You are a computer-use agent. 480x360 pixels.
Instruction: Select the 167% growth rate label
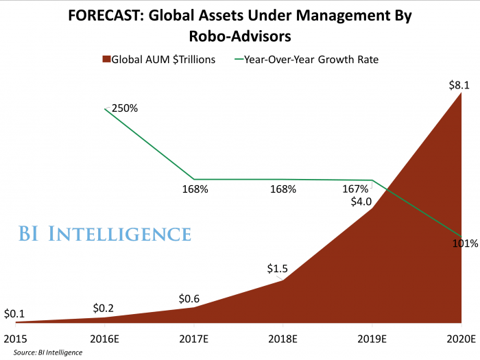coord(355,189)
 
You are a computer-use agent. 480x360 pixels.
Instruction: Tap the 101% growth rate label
coord(466,243)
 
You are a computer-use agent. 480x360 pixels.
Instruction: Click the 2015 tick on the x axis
coord(15,338)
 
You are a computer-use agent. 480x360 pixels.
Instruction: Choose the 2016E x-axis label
coord(105,338)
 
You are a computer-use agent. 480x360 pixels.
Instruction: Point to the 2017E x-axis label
coord(193,338)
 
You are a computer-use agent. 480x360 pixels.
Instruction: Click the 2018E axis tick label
coord(282,338)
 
